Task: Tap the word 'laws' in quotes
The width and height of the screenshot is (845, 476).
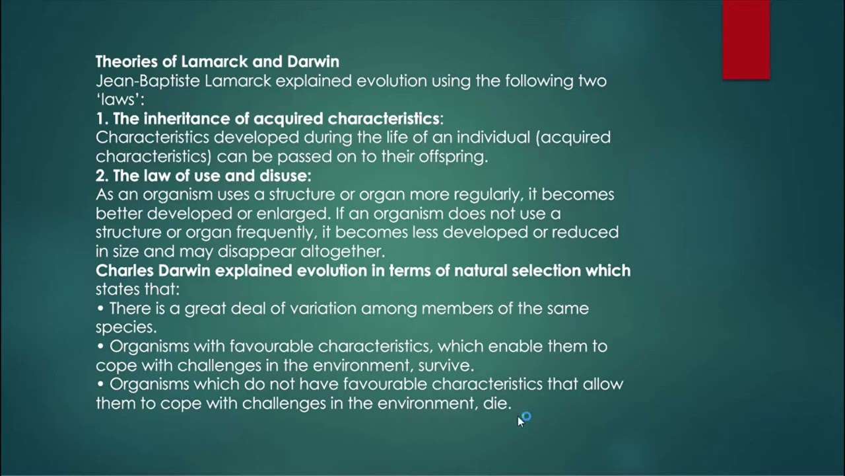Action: pyautogui.click(x=119, y=100)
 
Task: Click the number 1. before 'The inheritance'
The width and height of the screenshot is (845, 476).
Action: pyautogui.click(x=102, y=119)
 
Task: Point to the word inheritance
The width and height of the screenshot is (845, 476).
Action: pyautogui.click(x=195, y=119)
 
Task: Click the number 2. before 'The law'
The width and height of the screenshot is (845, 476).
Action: pyautogui.click(x=102, y=176)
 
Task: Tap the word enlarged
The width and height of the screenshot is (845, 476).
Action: pyautogui.click(x=296, y=214)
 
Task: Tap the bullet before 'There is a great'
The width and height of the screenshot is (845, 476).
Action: pyautogui.click(x=100, y=309)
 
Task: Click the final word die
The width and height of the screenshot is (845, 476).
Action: pyautogui.click(x=496, y=403)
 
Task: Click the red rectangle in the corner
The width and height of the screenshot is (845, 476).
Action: pyautogui.click(x=746, y=40)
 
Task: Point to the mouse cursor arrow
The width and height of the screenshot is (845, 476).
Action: pyautogui.click(x=520, y=420)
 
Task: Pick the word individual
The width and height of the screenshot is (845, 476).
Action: pyautogui.click(x=483, y=138)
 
